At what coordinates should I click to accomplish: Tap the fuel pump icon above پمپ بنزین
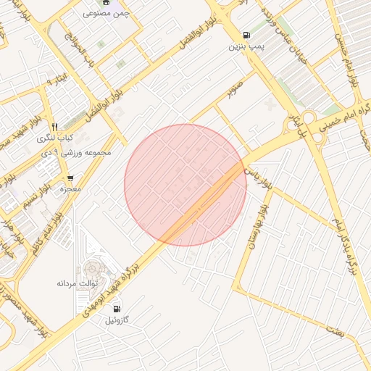(247, 35)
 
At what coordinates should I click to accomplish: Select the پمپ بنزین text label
(244, 47)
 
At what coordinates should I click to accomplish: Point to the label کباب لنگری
(55, 138)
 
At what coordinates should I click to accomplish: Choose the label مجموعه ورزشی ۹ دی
(67, 153)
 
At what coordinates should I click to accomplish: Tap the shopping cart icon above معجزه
(70, 178)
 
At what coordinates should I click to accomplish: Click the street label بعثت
(334, 332)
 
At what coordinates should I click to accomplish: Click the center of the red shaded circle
(185, 185)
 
